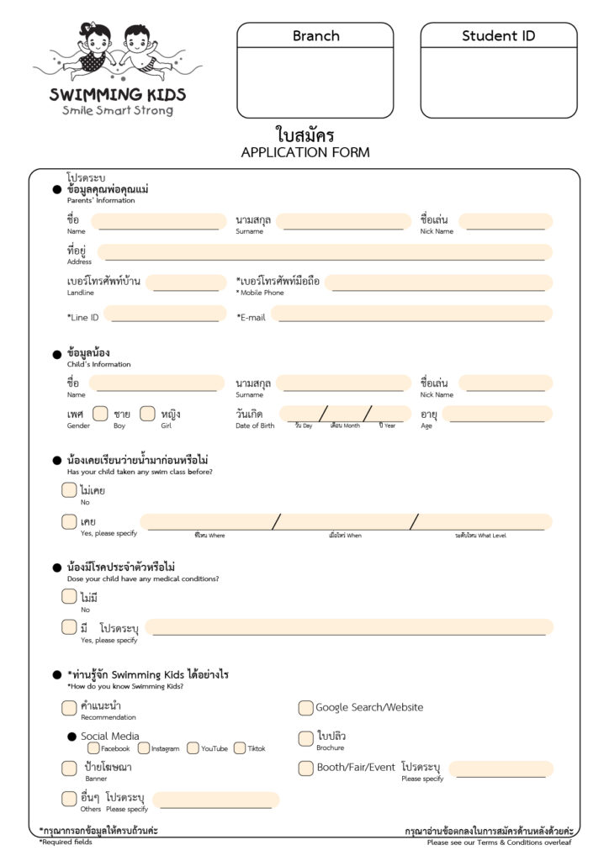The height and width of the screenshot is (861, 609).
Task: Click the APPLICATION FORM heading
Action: tap(304, 152)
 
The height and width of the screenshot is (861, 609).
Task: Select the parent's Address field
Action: tap(325, 252)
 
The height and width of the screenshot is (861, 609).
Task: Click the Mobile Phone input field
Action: tap(438, 283)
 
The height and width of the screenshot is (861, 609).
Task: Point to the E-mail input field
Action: tap(411, 314)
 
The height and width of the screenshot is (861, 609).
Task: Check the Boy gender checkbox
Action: tap(100, 414)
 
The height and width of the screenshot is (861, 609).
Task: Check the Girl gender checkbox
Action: tap(147, 414)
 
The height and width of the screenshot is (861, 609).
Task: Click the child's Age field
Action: tap(498, 414)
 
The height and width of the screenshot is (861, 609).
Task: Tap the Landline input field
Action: tap(186, 283)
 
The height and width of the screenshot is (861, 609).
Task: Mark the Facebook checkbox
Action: tap(93, 747)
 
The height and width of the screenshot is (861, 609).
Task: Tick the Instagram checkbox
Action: tap(144, 747)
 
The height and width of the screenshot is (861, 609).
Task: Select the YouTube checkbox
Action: tap(193, 747)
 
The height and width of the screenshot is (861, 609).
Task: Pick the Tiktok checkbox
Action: tap(240, 747)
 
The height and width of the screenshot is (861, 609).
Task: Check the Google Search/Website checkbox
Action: tap(305, 708)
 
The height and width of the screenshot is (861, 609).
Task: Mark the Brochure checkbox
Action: tap(305, 738)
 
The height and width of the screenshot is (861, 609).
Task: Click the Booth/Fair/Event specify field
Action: tap(501, 769)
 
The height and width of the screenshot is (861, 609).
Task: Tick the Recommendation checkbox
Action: tap(69, 708)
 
